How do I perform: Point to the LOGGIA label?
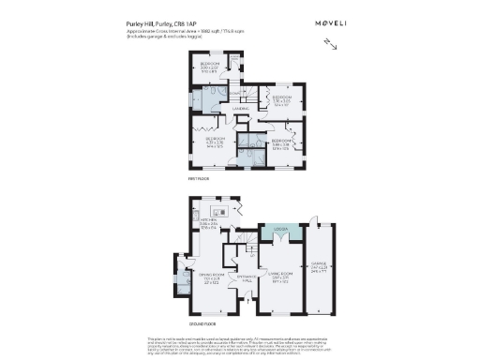click(279, 229)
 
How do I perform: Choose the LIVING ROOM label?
click(279, 277)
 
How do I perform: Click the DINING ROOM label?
click(209, 277)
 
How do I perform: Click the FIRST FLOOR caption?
click(198, 177)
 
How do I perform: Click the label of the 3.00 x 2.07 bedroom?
click(208, 67)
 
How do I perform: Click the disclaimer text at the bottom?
click(240, 343)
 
